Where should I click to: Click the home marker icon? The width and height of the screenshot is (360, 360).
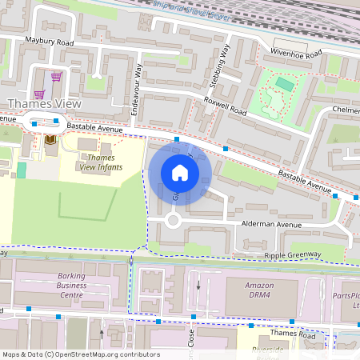[180, 173]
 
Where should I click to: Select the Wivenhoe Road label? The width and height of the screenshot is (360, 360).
[295, 52]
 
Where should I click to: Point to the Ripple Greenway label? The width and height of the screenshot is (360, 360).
[292, 255]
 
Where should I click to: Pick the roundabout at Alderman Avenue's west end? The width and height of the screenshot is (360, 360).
[172, 222]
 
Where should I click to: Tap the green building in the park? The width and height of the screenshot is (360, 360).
[284, 83]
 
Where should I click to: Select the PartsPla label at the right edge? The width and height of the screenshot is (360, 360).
[347, 299]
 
